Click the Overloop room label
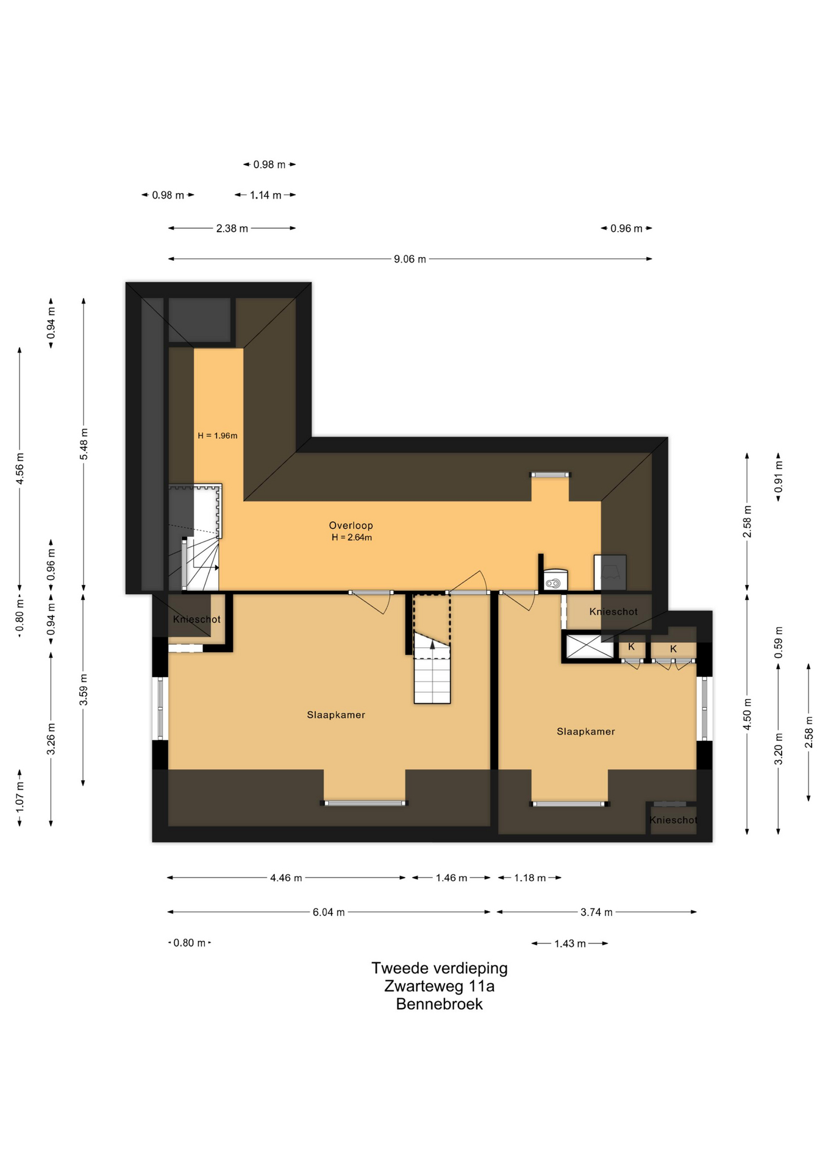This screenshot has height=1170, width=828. click(351, 525)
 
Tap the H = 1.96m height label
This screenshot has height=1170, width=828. click(217, 436)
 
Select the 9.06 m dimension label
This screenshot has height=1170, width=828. click(410, 259)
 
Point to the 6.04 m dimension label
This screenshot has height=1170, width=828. click(329, 912)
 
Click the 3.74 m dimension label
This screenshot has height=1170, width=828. click(596, 912)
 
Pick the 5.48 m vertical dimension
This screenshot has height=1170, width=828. click(84, 444)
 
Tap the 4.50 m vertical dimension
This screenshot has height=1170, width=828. click(748, 714)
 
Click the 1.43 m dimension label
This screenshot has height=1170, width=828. click(570, 943)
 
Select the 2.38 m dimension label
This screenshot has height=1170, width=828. click(232, 229)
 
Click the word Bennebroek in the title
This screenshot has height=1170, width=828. click(439, 1004)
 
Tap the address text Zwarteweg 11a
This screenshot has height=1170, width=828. click(439, 986)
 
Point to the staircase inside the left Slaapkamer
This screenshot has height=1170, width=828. click(432, 668)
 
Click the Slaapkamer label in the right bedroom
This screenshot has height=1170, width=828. click(585, 731)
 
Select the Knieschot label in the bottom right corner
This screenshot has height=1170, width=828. click(673, 820)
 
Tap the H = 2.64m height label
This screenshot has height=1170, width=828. click(352, 537)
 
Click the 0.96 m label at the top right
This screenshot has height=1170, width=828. click(626, 229)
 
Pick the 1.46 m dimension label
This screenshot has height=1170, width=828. click(451, 878)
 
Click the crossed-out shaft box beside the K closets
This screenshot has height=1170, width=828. click(590, 647)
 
